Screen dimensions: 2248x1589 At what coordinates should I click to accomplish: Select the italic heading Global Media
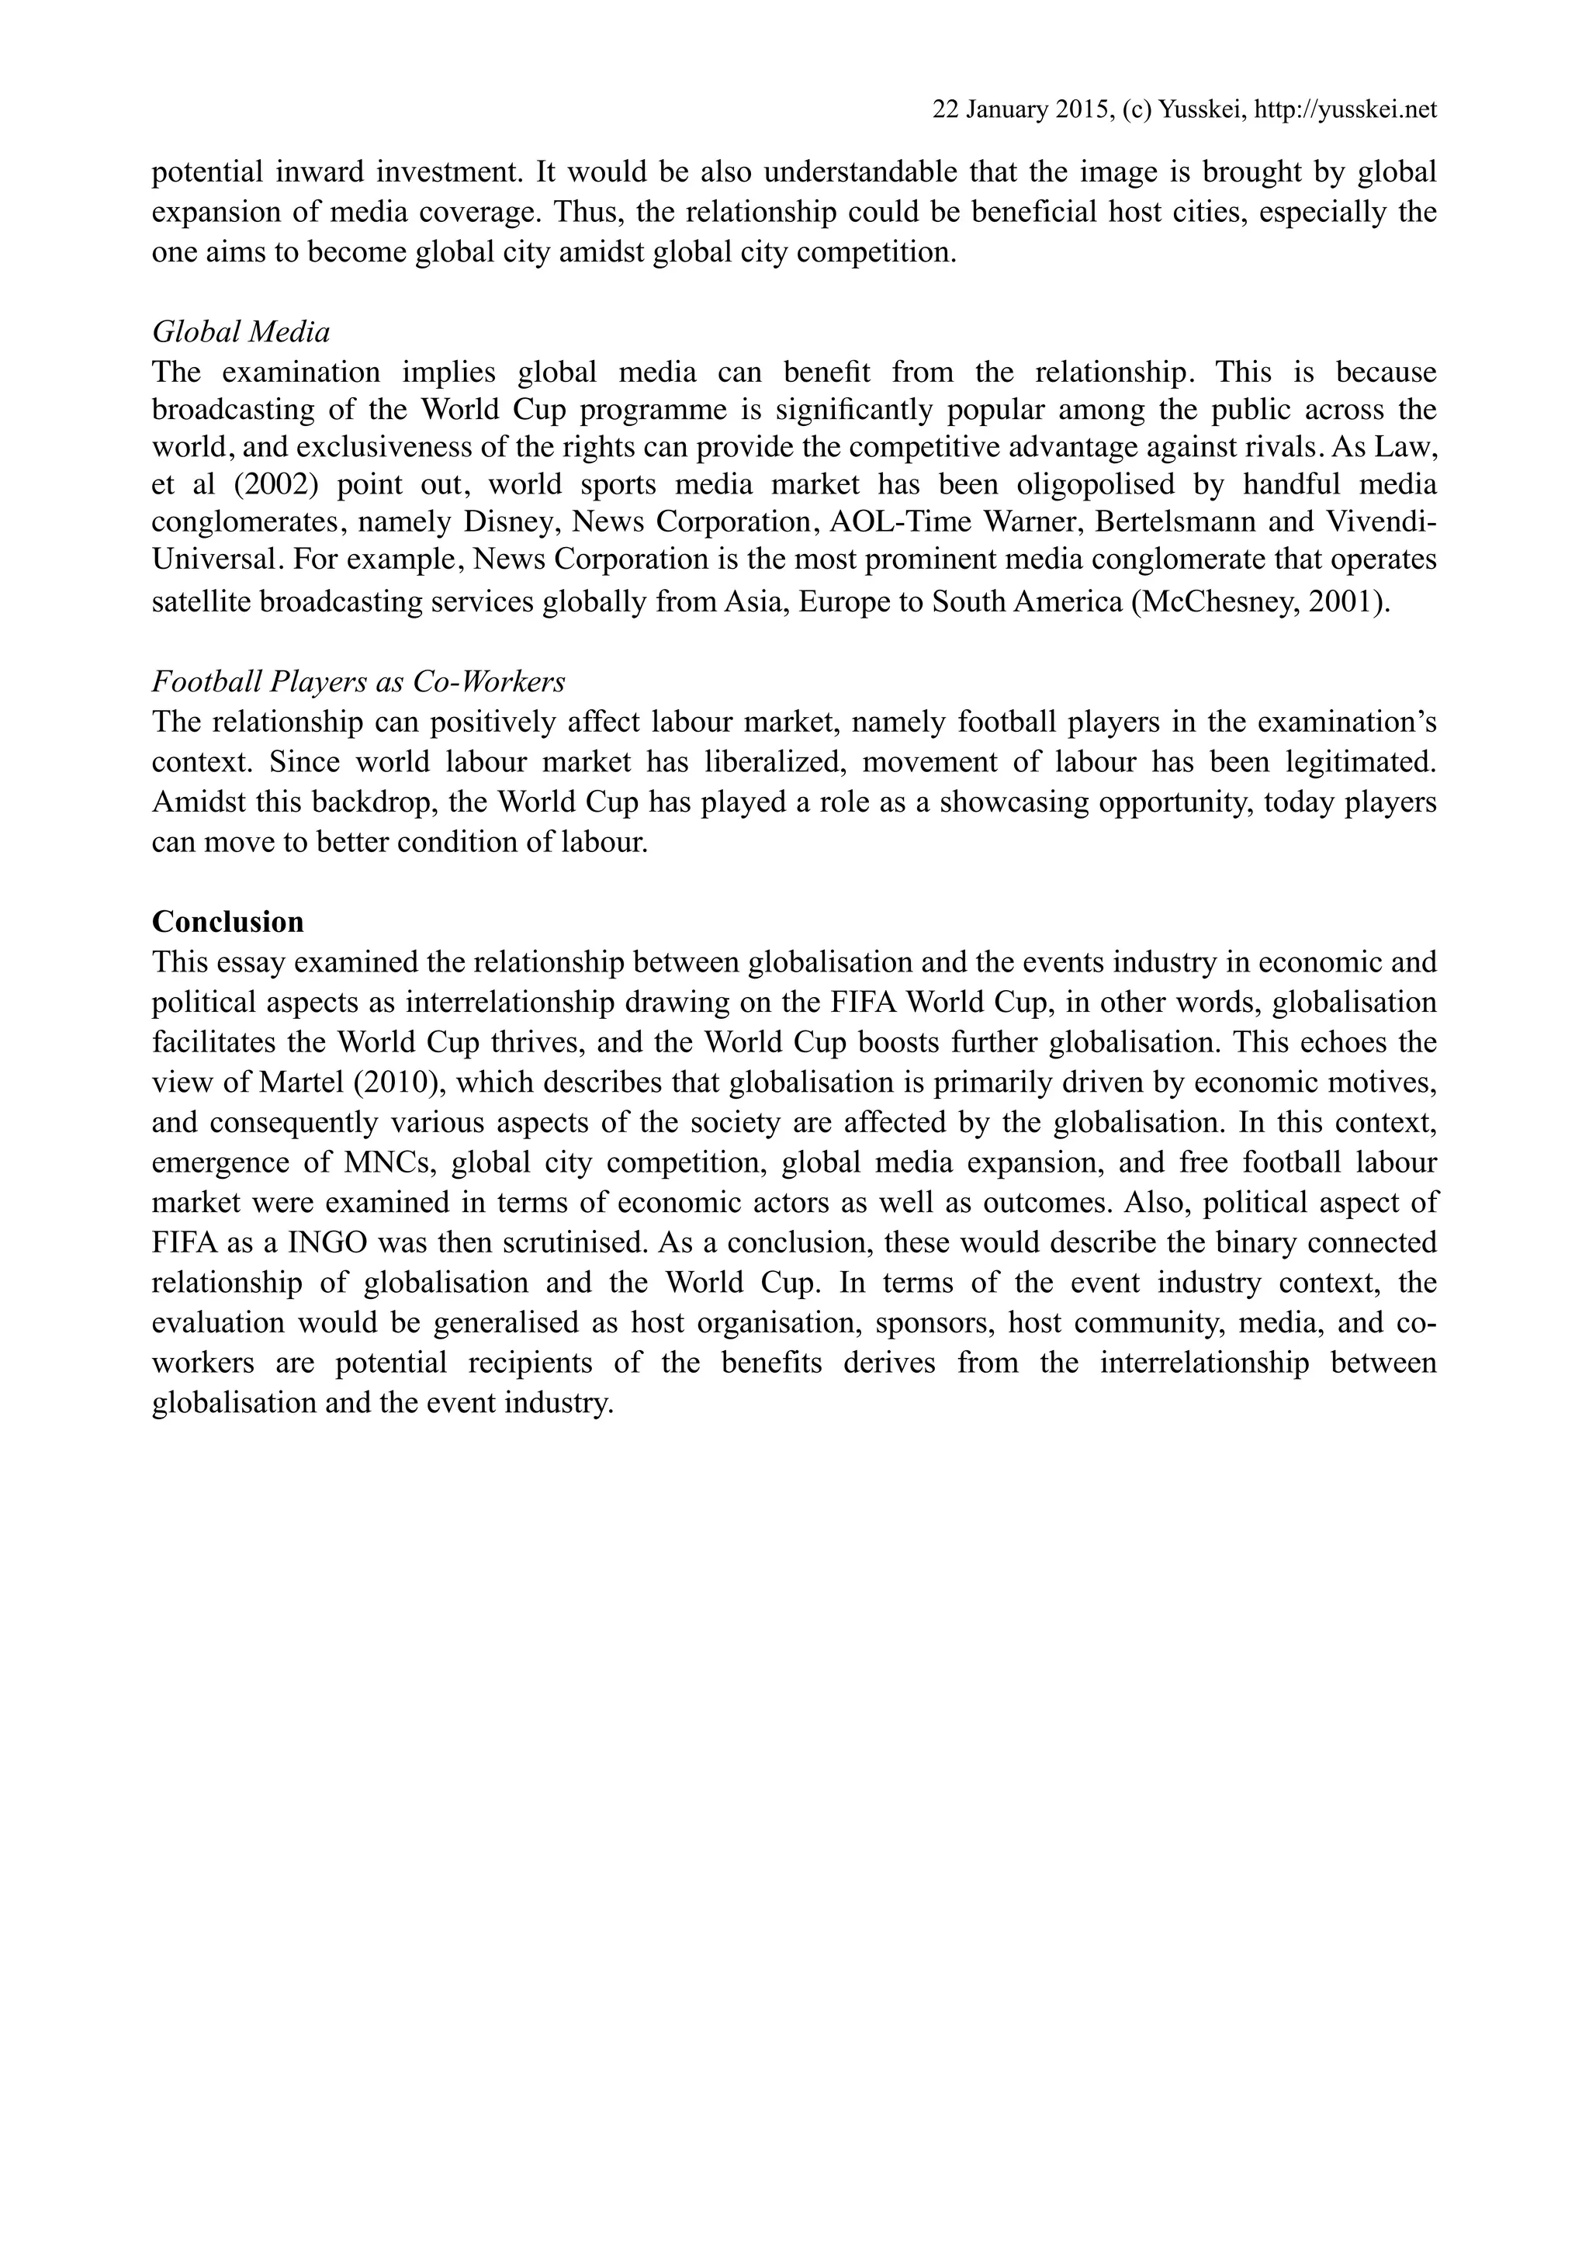pos(241,332)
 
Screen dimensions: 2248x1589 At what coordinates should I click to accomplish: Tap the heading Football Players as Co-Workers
pos(358,681)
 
